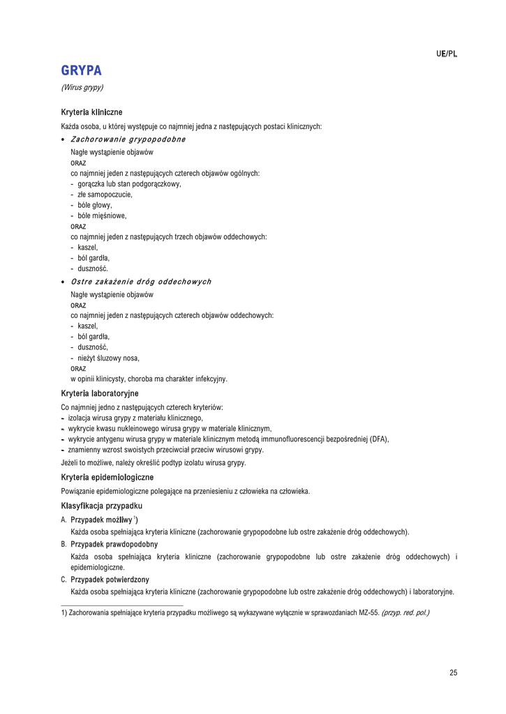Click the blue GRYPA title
82,70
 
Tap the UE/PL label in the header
447,54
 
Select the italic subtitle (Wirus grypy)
82,88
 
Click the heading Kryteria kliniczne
91,112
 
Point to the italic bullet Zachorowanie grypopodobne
128,139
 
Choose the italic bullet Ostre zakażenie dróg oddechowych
141,282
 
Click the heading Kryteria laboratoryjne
99,394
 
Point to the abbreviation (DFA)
378,439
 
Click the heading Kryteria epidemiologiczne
107,478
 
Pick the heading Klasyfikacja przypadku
101,506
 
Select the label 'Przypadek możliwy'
102,520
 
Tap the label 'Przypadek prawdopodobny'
114,544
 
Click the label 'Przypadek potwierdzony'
110,579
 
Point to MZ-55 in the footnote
369,613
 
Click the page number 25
453,673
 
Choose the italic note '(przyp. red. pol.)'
405,613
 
